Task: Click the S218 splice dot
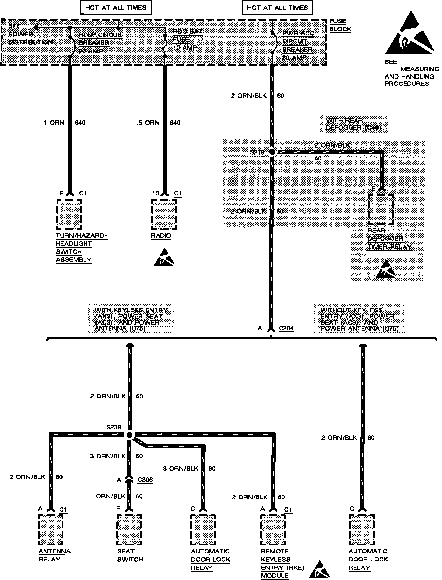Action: point(272,152)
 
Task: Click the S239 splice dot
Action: point(129,435)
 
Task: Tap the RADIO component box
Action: point(164,214)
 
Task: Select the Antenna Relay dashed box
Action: point(51,529)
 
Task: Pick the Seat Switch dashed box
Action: point(129,529)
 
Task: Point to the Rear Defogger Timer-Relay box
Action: point(381,209)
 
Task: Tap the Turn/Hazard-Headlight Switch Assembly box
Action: point(69,214)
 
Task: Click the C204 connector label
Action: point(286,328)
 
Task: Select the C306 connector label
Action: point(145,480)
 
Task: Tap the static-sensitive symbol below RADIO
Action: point(164,257)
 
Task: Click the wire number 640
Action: point(80,123)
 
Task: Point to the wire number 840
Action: point(175,123)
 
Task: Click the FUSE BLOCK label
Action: point(340,25)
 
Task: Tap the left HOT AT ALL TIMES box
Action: point(116,8)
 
